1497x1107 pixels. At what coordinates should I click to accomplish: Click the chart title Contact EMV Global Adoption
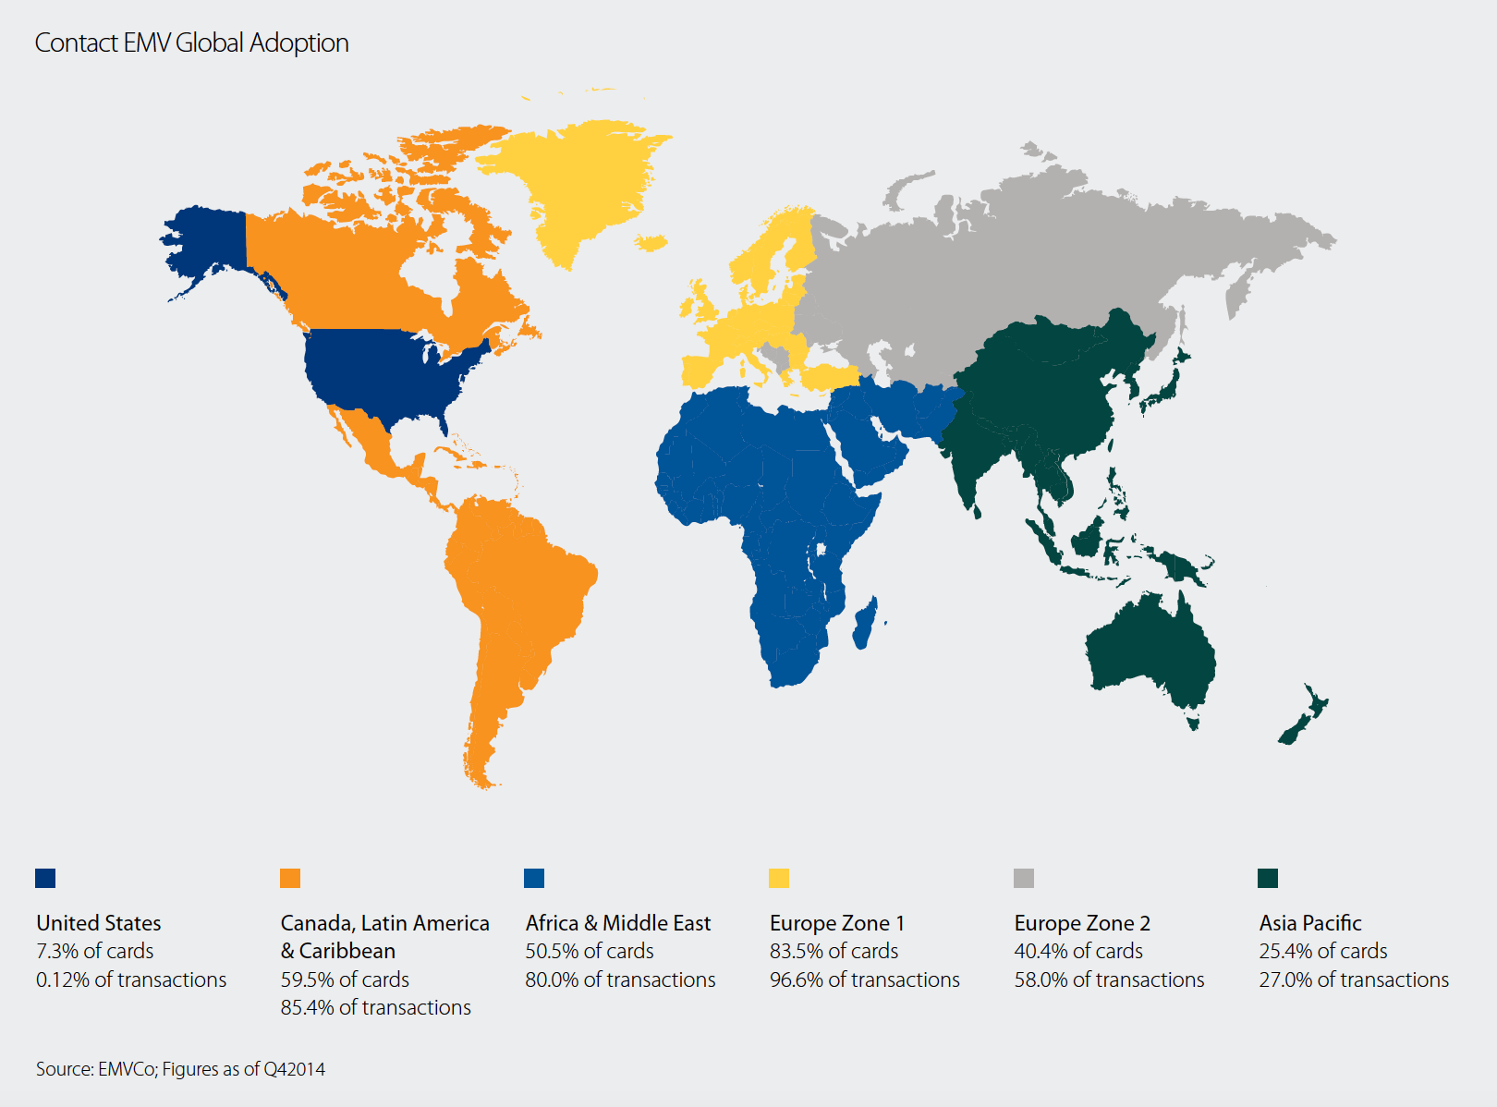(191, 43)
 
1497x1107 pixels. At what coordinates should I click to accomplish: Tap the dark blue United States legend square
(45, 878)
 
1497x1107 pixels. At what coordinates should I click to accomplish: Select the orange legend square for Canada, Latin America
(290, 878)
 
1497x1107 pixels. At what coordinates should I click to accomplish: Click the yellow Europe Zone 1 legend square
(779, 878)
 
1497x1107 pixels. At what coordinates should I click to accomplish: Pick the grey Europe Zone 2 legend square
(1024, 878)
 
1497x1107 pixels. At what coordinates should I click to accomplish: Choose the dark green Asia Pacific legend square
(1268, 878)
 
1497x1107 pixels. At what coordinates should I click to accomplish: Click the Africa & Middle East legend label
(617, 923)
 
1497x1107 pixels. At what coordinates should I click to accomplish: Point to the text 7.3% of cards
(94, 951)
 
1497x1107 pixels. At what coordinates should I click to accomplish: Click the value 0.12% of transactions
(131, 979)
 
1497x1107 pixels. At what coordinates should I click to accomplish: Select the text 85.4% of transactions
(375, 1007)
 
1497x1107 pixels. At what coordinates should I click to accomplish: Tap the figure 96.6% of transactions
(864, 979)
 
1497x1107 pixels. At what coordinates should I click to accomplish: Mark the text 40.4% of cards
(1077, 951)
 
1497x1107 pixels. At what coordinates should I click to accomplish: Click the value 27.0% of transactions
(1354, 979)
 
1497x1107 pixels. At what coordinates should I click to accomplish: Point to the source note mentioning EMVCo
(180, 1069)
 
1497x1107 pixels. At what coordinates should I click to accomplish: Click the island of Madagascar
(866, 624)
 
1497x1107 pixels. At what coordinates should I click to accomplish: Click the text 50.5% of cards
(589, 951)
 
